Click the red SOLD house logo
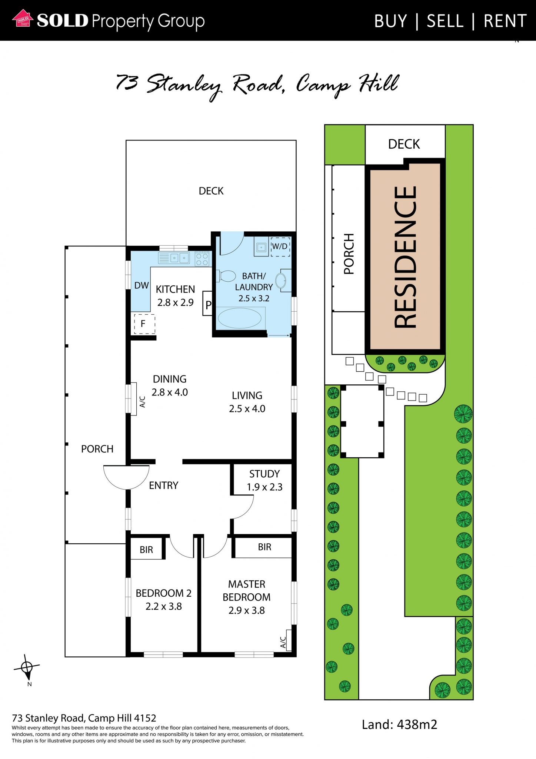click(x=23, y=19)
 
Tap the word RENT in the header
click(x=505, y=21)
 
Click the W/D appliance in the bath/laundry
click(x=280, y=247)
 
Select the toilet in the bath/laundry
click(x=226, y=276)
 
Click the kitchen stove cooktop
click(x=202, y=259)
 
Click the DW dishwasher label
click(x=142, y=285)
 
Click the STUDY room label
click(x=264, y=474)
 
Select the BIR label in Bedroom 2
click(x=146, y=550)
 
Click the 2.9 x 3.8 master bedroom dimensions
click(x=247, y=610)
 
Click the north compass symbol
click(x=27, y=669)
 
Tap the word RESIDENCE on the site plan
click(x=406, y=257)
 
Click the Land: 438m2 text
click(x=400, y=724)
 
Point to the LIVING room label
click(x=247, y=395)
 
